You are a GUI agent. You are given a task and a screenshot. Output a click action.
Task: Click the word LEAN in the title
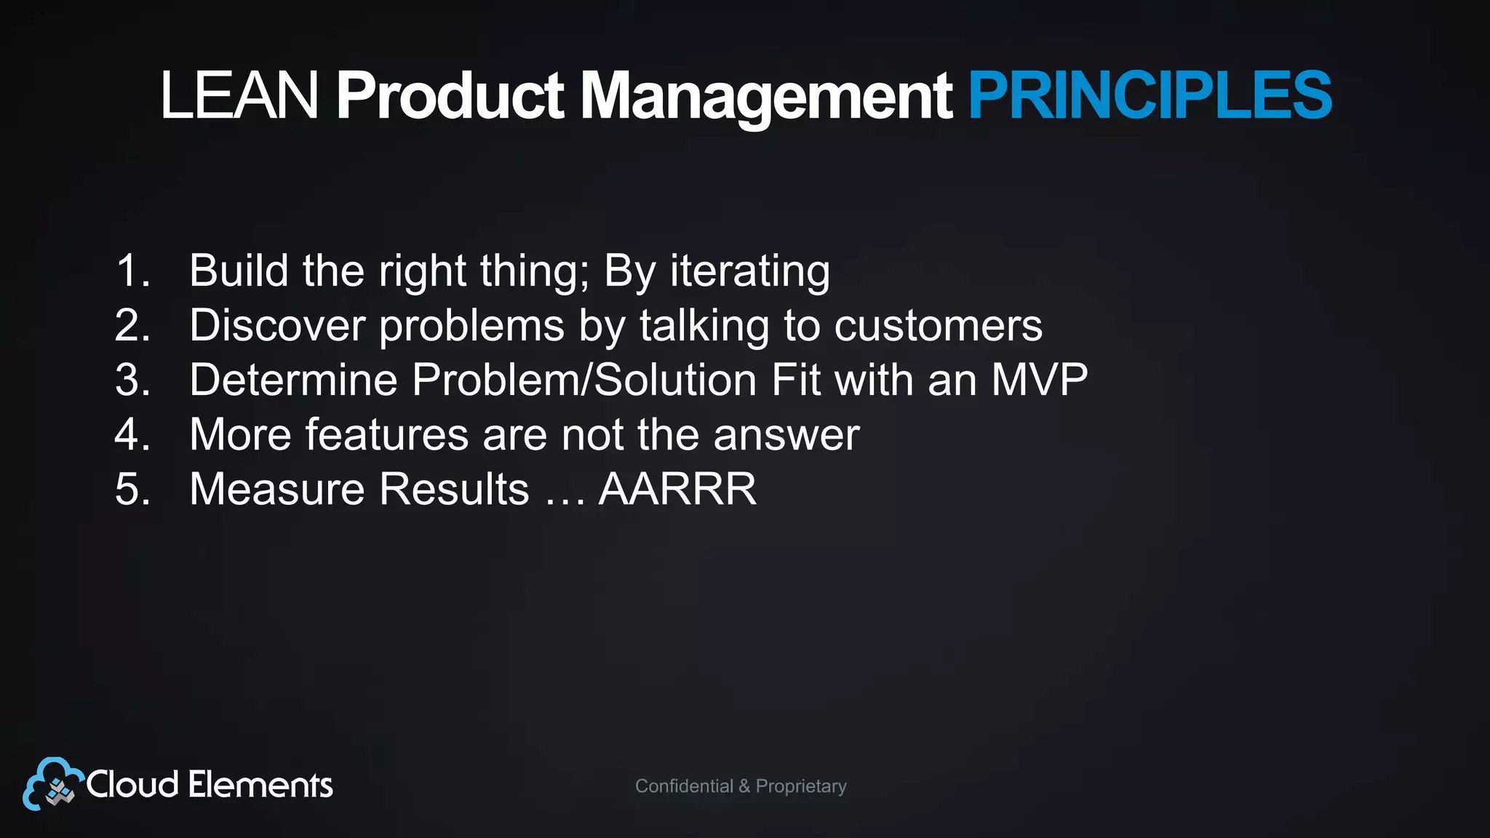point(239,95)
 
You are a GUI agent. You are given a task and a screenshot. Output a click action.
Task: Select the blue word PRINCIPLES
point(1150,95)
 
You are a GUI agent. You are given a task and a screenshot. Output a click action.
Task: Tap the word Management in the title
point(765,95)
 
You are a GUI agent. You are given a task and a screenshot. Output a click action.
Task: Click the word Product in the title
point(449,95)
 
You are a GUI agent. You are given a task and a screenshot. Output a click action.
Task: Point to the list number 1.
point(132,271)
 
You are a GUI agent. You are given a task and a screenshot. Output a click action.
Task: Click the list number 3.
point(132,380)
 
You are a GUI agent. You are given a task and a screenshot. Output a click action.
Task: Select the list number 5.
point(132,489)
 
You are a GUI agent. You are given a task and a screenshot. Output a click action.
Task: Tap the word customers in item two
point(938,325)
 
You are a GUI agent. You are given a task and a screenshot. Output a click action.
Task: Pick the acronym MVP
point(1039,380)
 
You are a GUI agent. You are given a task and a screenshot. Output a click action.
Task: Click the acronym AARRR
point(677,489)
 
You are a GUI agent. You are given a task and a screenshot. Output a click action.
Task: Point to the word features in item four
point(386,434)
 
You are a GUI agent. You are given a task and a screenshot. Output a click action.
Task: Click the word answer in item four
point(786,434)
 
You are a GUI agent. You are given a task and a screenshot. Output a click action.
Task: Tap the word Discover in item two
point(276,325)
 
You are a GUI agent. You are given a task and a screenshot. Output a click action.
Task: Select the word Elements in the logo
point(260,785)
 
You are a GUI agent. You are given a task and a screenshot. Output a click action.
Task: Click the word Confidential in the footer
point(684,786)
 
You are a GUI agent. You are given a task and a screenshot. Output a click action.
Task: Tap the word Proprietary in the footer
point(801,786)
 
